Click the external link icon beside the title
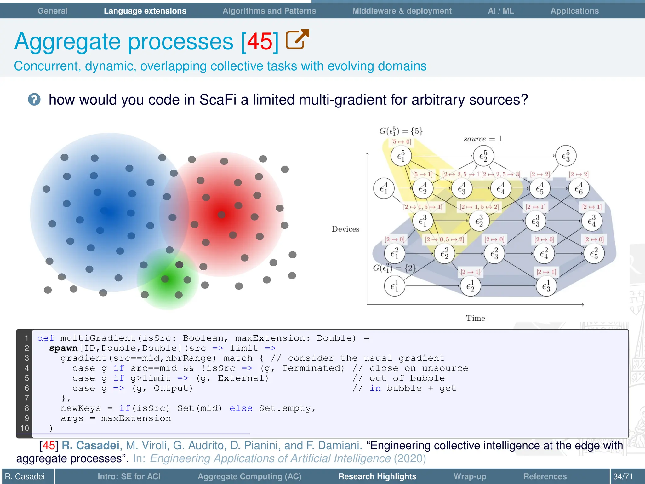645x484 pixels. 297,39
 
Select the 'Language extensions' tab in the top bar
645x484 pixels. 145,11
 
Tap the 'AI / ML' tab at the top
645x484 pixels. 501,11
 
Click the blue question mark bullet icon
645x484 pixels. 34,100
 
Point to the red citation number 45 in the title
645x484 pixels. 260,42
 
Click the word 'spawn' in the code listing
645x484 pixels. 63,348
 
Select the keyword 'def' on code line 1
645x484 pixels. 45,338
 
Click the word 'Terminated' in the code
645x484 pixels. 313,368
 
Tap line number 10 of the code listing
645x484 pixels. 25,428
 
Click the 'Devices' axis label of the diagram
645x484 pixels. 345,229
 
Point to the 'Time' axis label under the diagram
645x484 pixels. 475,318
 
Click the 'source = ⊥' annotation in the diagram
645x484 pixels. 483,139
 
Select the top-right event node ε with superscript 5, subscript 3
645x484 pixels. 566,156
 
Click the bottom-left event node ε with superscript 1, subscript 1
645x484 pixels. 394,286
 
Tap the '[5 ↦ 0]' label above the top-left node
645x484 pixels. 401,142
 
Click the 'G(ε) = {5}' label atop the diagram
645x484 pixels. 401,131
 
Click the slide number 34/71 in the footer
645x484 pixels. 623,476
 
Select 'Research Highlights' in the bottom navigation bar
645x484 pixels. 377,476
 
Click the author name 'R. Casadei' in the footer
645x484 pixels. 25,476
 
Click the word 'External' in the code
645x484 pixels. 243,378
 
